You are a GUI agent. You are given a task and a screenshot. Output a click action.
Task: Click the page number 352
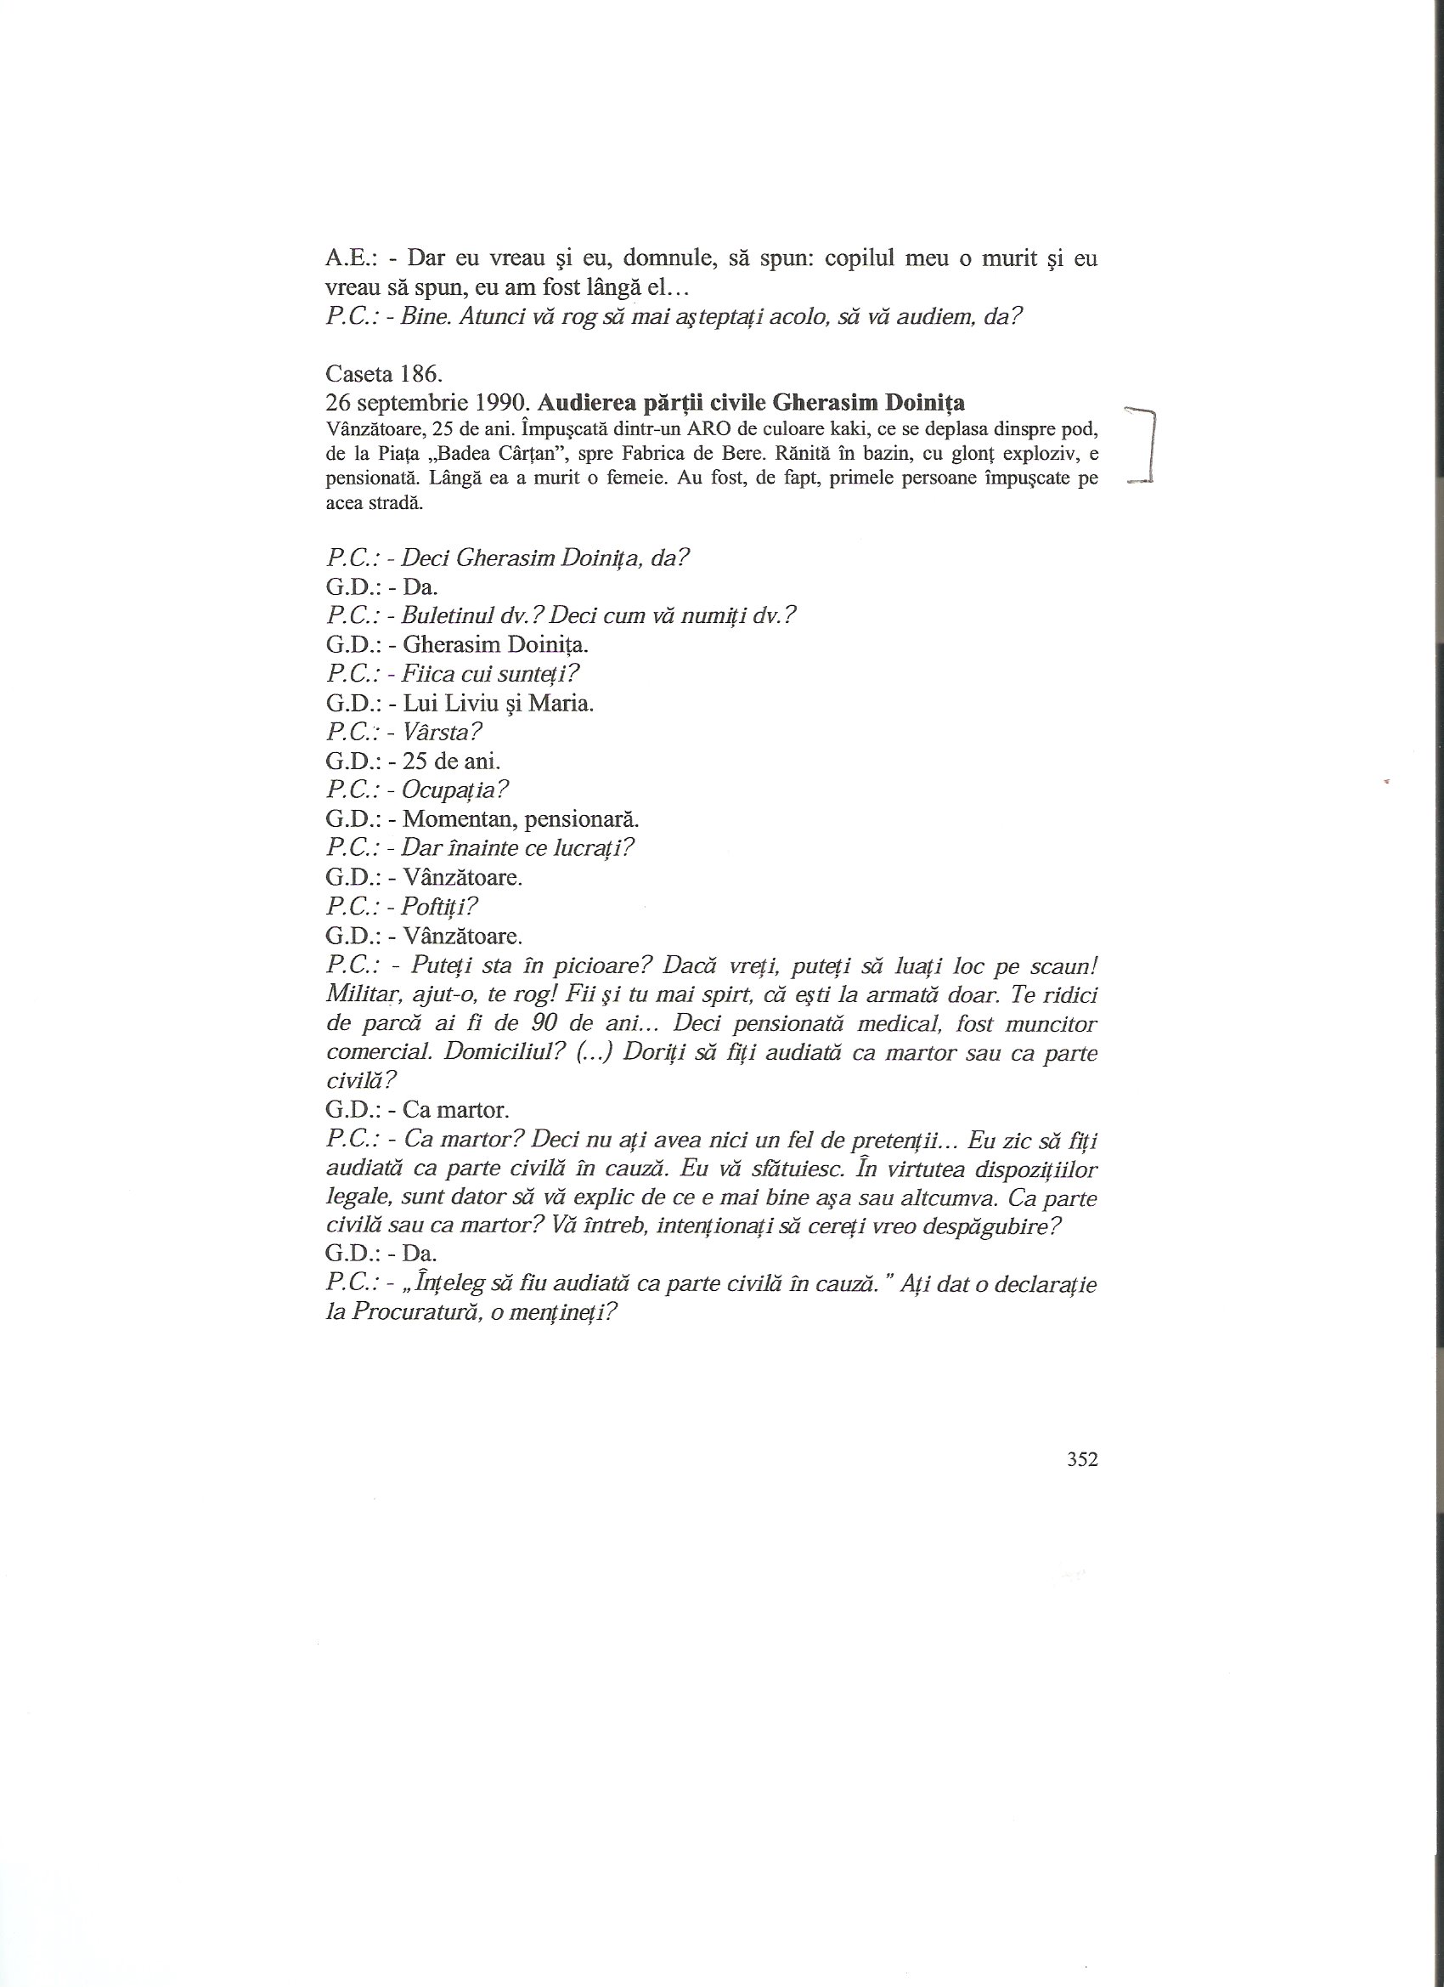(1082, 1458)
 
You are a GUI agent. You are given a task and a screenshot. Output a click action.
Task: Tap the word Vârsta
(443, 732)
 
